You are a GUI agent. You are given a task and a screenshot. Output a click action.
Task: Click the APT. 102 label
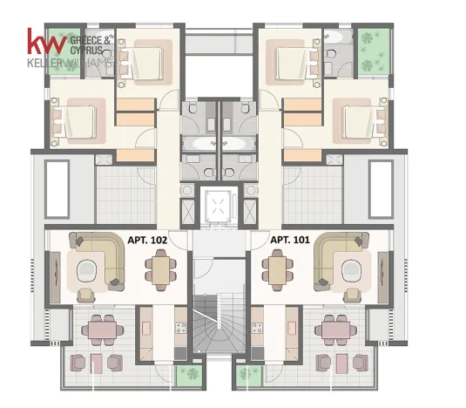(x=147, y=240)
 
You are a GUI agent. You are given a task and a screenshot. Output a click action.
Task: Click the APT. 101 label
(x=290, y=240)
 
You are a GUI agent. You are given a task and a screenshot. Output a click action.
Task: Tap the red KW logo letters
(x=47, y=41)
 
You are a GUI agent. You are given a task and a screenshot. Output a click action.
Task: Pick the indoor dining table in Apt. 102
(x=161, y=270)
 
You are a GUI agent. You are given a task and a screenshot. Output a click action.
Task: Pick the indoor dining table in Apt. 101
(x=278, y=270)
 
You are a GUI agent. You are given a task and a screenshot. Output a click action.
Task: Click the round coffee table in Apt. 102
(x=86, y=270)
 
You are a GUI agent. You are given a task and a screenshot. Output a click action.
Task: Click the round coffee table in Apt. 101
(x=352, y=270)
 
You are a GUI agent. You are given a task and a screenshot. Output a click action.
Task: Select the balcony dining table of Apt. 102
(x=103, y=330)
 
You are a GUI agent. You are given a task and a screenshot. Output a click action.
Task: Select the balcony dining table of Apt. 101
(x=336, y=330)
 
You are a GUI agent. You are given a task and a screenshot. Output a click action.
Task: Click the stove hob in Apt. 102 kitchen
(x=181, y=328)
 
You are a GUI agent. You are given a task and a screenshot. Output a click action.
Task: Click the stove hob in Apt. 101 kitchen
(x=257, y=328)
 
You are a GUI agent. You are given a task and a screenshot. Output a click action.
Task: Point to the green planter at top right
(x=374, y=51)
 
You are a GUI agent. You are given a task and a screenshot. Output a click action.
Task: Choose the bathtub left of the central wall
(x=199, y=144)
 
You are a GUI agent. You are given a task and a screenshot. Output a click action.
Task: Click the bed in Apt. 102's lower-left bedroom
(x=74, y=122)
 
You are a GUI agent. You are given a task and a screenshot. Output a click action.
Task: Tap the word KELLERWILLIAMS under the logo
(x=71, y=64)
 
